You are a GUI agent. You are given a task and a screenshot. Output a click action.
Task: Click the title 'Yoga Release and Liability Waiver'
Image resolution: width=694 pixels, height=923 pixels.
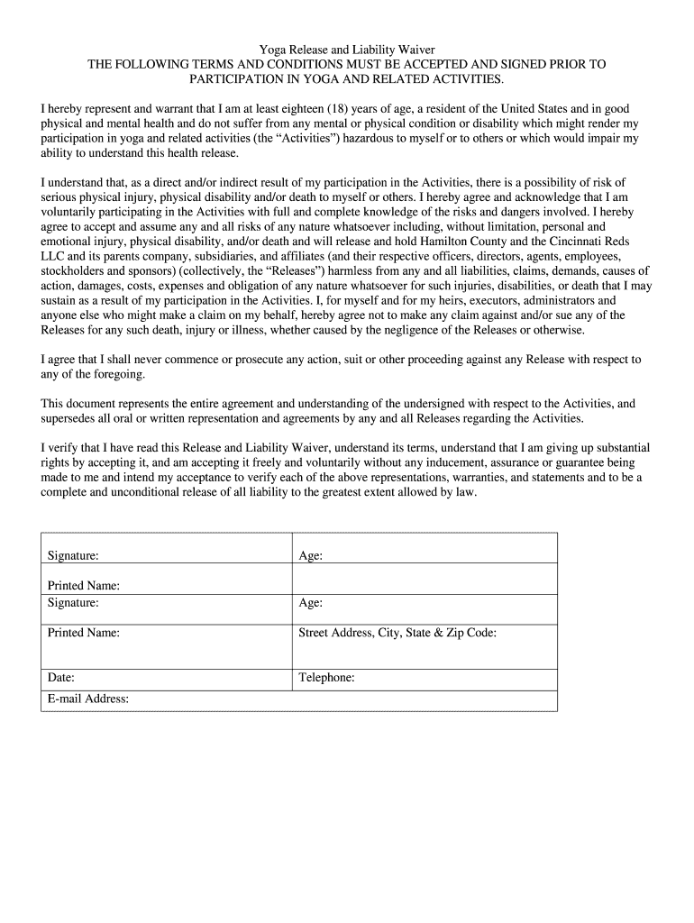347,50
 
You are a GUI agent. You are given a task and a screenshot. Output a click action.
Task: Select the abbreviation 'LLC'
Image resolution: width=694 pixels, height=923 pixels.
53,256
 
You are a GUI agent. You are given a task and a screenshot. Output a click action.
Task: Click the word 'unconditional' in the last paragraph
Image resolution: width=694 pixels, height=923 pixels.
147,492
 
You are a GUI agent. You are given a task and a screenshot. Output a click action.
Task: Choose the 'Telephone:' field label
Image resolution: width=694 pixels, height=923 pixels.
326,678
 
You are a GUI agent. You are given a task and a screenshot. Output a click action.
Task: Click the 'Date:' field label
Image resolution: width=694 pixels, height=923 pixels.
61,678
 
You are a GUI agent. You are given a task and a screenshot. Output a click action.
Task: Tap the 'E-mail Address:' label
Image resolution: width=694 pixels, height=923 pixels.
88,699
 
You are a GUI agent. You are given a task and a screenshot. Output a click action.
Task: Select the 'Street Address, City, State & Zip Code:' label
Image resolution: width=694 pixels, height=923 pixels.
397,633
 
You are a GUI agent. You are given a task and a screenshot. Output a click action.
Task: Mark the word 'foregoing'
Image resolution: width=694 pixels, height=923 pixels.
110,373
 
